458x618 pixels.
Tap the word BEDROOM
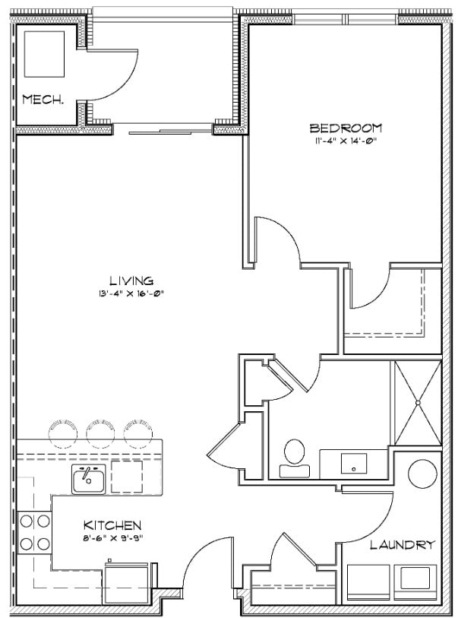(x=346, y=128)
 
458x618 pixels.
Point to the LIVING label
(x=130, y=280)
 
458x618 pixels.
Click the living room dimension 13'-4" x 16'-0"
(x=130, y=293)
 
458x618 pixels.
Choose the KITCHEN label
(x=112, y=525)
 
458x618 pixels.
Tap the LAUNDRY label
(x=403, y=544)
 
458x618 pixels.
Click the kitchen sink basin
(x=88, y=479)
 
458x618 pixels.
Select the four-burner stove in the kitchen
(x=34, y=532)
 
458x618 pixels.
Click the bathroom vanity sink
(x=354, y=461)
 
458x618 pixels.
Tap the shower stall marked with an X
(x=415, y=402)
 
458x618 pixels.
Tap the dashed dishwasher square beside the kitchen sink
(x=126, y=477)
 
